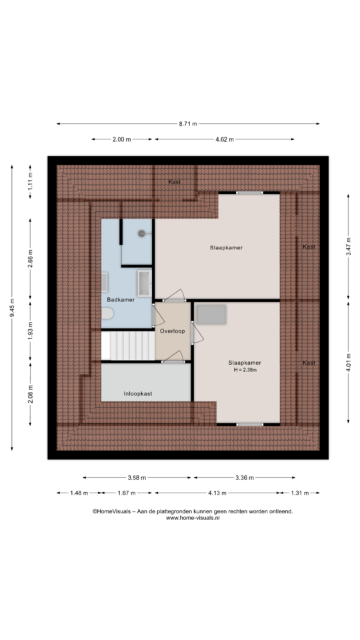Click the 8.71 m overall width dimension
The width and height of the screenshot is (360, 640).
coord(188,124)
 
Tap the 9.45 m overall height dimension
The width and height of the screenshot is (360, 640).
coord(12,308)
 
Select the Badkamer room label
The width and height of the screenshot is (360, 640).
coord(121,299)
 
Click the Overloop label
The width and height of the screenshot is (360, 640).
coord(172,331)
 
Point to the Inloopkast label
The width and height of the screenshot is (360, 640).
coord(138,393)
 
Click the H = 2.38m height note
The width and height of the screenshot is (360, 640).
coord(245,370)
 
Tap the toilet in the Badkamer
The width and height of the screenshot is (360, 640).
coord(107,314)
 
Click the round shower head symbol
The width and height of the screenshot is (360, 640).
coord(141,233)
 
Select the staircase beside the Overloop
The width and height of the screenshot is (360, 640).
coord(128,346)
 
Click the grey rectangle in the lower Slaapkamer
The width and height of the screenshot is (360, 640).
coord(211,315)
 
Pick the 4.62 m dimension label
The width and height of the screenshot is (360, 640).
coord(225,139)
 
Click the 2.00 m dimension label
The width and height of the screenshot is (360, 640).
coord(121,139)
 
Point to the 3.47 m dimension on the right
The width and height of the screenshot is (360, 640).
coord(348,247)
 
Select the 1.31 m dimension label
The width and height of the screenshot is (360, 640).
coord(299,493)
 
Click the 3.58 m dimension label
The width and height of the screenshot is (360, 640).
coord(137,477)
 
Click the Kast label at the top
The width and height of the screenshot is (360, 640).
coord(175,181)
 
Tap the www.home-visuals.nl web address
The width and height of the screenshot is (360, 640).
coord(193,518)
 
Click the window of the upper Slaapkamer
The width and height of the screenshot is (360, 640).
coord(249,193)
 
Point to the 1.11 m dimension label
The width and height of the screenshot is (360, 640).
coord(30,181)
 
